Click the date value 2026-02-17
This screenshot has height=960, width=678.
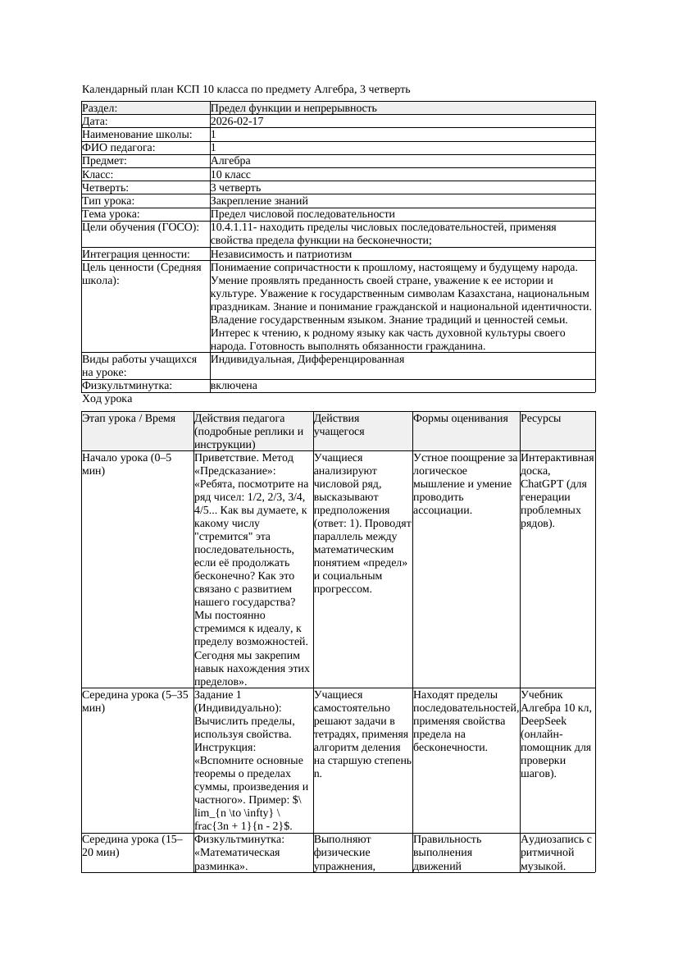coord(237,121)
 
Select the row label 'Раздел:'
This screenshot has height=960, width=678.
coord(100,108)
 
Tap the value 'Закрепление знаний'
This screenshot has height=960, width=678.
coord(259,200)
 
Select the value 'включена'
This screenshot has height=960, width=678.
coord(234,386)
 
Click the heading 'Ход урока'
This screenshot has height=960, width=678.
coord(107,399)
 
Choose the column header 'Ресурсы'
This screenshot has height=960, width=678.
coord(541,418)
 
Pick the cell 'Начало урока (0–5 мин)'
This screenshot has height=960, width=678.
coord(127,464)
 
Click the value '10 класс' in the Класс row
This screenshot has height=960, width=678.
coord(230,174)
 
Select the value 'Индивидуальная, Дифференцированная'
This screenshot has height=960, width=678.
coord(307,359)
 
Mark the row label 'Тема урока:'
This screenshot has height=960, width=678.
coord(111,213)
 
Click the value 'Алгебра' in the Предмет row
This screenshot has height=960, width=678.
coord(230,161)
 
